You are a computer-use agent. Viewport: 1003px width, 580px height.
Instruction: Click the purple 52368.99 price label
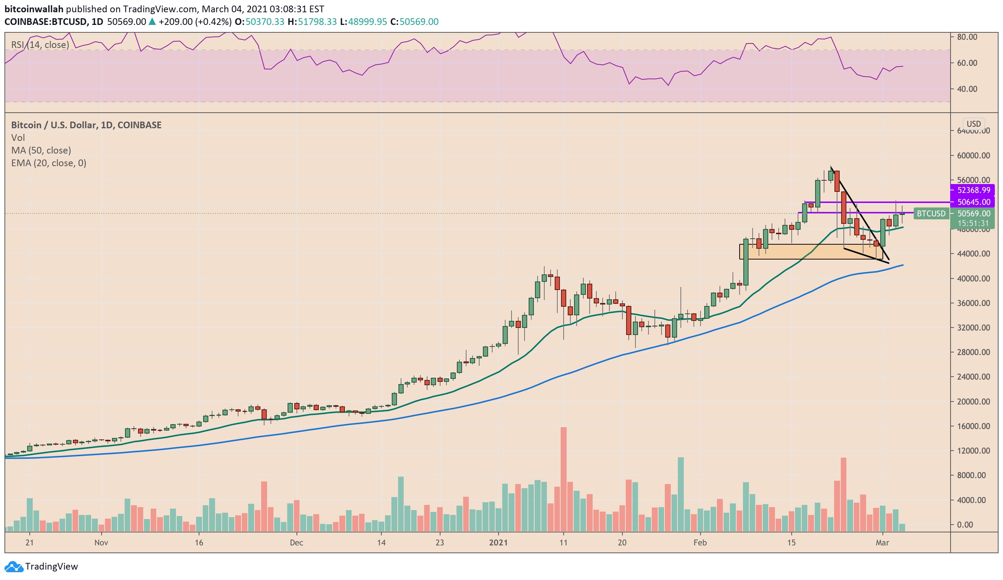[x=974, y=190]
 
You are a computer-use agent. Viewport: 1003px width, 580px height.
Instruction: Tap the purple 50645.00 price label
[x=974, y=202]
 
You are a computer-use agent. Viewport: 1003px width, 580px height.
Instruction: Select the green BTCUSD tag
[x=931, y=214]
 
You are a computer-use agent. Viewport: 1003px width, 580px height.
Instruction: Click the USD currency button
[x=974, y=124]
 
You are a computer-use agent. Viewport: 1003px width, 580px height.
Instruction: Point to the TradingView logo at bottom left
[x=41, y=566]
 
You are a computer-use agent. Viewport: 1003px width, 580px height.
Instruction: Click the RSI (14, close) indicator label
[x=40, y=45]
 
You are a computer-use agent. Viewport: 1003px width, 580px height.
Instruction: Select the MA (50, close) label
[x=41, y=150]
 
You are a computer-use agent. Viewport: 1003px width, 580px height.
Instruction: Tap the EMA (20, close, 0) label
[x=49, y=163]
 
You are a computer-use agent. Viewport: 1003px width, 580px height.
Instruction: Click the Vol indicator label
[x=18, y=138]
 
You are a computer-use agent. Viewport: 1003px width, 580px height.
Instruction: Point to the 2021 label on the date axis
[x=498, y=542]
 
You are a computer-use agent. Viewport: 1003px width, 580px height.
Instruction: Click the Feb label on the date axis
[x=700, y=542]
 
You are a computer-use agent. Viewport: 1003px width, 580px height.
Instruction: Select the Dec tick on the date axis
[x=297, y=542]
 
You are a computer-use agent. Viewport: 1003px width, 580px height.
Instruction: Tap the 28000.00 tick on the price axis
[x=974, y=352]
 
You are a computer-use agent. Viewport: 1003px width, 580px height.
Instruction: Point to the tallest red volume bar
[x=563, y=479]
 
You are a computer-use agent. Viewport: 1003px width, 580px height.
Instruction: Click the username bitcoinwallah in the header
[x=34, y=9]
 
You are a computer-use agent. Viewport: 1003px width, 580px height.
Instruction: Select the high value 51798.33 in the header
[x=317, y=22]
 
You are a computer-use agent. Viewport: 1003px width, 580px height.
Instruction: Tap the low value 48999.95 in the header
[x=367, y=22]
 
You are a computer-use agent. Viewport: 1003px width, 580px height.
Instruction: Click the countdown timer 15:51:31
[x=974, y=223]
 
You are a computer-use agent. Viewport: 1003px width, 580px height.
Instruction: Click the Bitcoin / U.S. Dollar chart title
[x=86, y=125]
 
